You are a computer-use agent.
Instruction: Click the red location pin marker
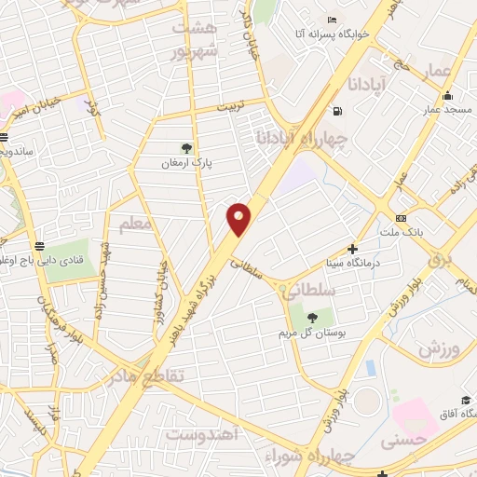[x=239, y=218]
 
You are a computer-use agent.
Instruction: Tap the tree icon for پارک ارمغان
[x=186, y=147]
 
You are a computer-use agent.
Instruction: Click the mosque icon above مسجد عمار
[x=448, y=95]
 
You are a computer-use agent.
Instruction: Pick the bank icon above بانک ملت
[x=402, y=216]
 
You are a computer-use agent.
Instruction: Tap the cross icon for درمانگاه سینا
[x=352, y=249]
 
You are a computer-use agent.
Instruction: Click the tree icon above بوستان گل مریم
[x=312, y=319]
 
